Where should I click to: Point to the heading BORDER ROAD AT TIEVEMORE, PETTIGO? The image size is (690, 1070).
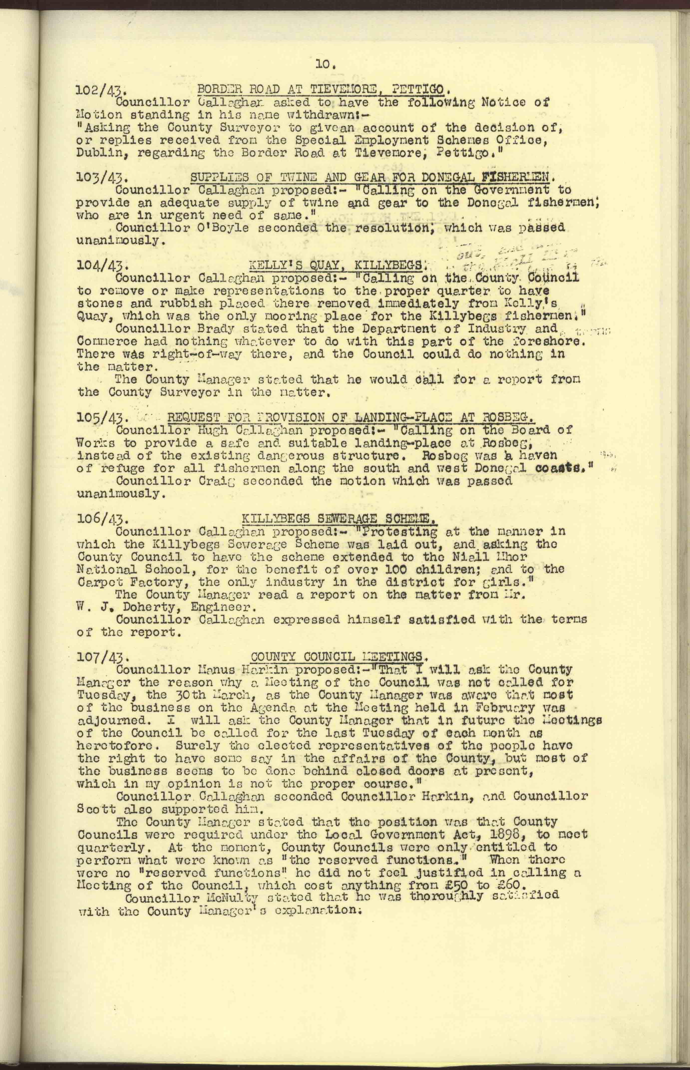pyautogui.click(x=321, y=89)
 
